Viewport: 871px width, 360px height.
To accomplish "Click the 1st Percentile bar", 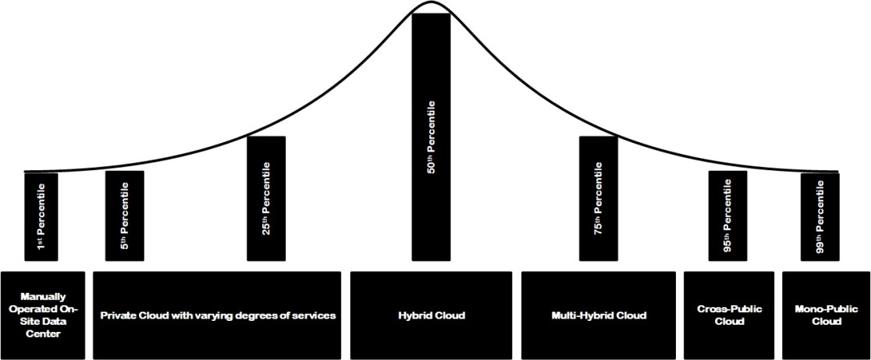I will (x=41, y=216).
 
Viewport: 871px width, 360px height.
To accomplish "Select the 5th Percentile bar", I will (x=125, y=216).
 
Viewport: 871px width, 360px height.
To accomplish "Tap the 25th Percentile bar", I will (x=266, y=198).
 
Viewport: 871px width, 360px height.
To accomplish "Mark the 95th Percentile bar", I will (x=727, y=216).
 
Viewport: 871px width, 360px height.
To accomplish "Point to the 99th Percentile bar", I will (x=820, y=216).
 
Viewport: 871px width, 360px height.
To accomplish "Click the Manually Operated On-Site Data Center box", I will (x=41, y=315).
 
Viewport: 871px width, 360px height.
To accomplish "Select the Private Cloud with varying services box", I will (x=218, y=315).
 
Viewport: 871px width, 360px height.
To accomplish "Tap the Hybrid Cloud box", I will (x=431, y=315).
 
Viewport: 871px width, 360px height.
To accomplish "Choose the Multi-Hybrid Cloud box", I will (x=599, y=315).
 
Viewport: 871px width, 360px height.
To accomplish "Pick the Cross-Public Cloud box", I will (x=729, y=315).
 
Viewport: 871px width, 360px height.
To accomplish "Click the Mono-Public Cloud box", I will (x=826, y=315).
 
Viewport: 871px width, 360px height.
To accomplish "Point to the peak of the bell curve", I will (x=431, y=2).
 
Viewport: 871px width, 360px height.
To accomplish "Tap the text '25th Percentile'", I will (x=266, y=199).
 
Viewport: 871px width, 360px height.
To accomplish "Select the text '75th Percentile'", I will (x=599, y=200).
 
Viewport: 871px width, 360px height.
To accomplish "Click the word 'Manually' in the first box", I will (x=41, y=297).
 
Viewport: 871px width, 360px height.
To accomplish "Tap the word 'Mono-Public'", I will (x=826, y=309).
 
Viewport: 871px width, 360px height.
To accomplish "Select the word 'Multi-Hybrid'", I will (x=585, y=315).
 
